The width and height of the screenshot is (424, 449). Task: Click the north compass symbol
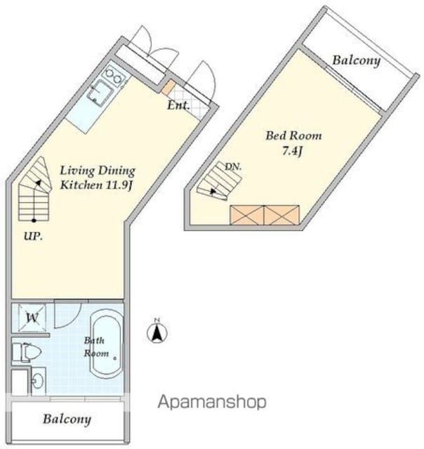[157, 332]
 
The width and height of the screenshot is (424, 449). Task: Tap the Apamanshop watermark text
[212, 402]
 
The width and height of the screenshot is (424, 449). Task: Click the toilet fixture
[27, 352]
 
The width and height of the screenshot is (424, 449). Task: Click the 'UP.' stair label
[33, 236]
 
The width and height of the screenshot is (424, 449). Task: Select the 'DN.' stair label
[233, 167]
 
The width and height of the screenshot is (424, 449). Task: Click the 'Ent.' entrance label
[178, 106]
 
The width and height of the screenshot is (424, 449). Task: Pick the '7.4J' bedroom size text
[291, 151]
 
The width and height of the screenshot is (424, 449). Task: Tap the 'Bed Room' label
[293, 135]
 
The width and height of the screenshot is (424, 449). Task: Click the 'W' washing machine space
[32, 318]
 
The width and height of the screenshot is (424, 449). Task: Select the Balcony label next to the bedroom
[356, 61]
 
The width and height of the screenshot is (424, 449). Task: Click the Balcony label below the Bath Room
[67, 420]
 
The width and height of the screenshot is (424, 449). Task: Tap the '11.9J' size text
[119, 185]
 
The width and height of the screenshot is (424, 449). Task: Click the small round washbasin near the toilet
[37, 381]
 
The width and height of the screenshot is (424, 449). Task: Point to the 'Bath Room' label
[96, 347]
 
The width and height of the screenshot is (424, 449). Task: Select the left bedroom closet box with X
[247, 215]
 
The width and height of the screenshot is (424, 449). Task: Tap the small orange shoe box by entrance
[168, 87]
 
